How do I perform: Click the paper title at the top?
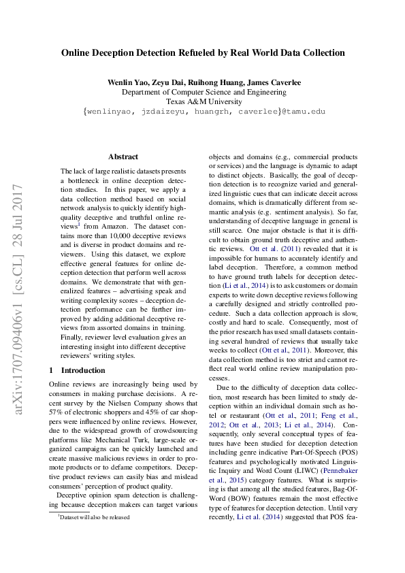point(203,52)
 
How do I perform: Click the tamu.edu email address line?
point(203,112)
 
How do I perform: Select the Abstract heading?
point(123,157)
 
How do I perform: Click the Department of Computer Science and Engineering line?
point(203,92)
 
